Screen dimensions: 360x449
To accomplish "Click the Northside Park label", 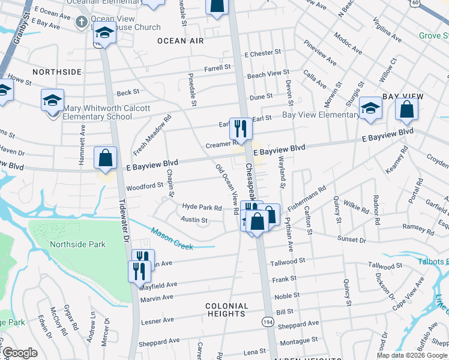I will pos(77,244).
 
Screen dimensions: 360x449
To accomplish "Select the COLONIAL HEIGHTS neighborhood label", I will pos(226,310).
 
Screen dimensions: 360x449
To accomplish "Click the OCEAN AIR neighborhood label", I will pos(180,41).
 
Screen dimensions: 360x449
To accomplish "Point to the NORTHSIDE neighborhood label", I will pos(57,72).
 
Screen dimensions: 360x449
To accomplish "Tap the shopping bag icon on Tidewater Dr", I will pos(105,159).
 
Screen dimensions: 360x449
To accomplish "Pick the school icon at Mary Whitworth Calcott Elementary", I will pos(52,100).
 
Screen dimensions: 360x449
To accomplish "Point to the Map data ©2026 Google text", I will pos(411,355).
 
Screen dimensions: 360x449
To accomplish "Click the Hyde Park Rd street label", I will pos(202,207).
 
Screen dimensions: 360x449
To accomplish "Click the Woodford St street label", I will pos(144,186).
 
